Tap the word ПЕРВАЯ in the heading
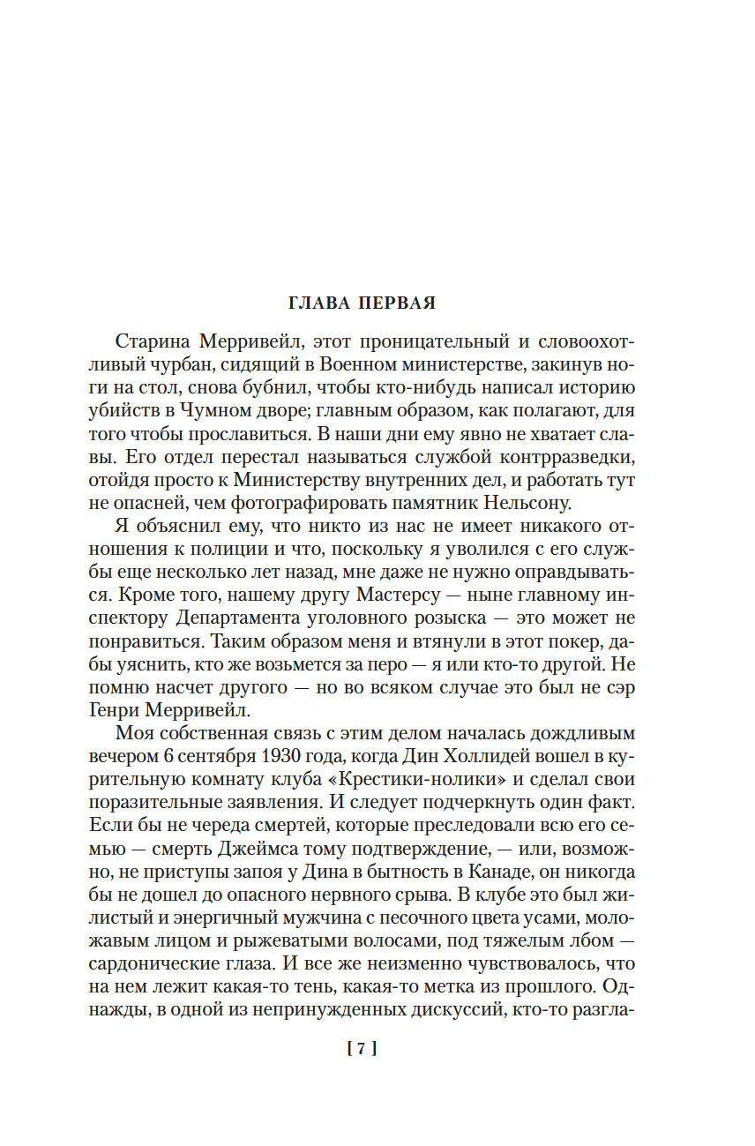396,303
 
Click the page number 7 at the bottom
363,1049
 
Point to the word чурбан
169,364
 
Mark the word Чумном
223,410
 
